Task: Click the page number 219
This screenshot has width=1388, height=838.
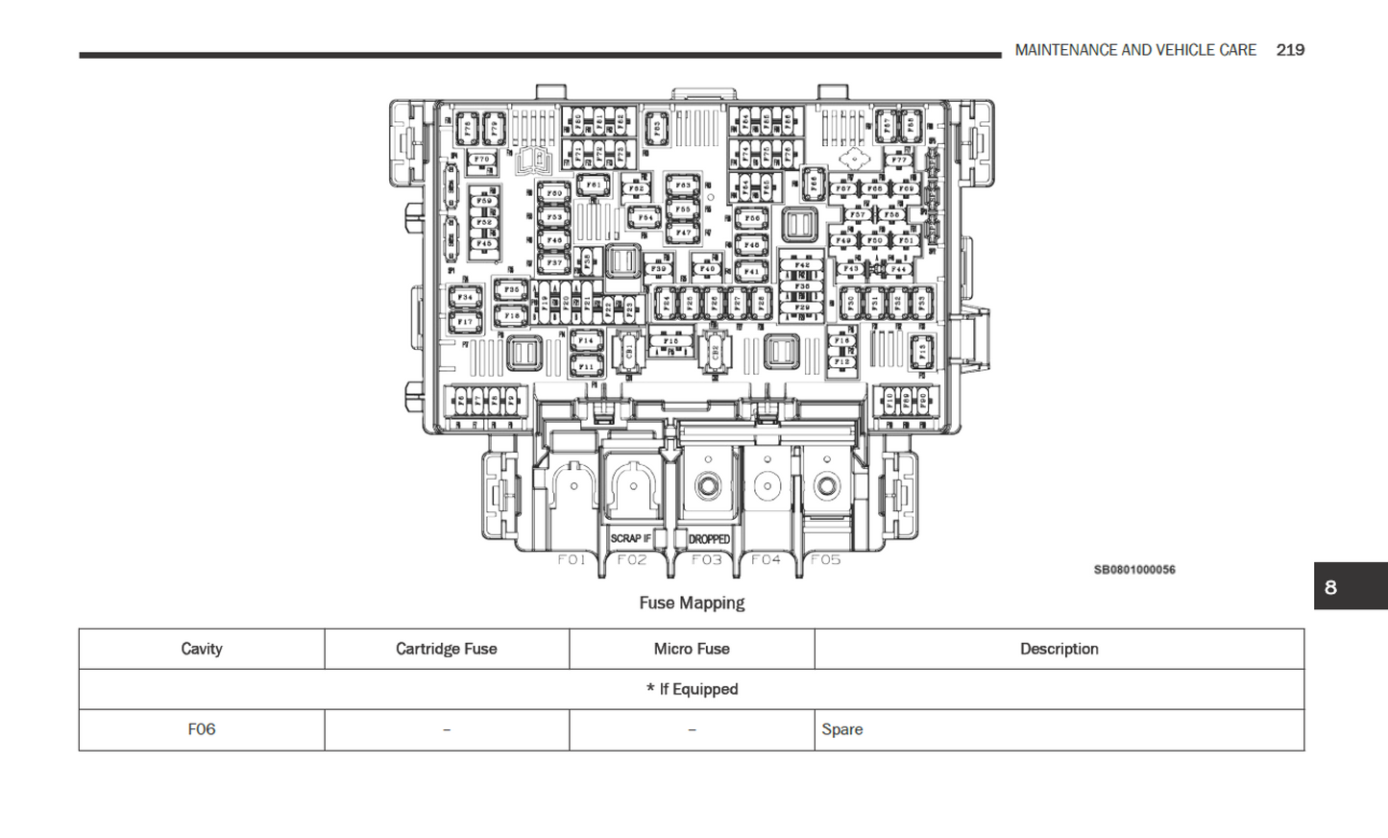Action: (x=1290, y=50)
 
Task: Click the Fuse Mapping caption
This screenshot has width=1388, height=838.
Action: (x=692, y=603)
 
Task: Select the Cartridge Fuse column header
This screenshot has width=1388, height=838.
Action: (x=446, y=649)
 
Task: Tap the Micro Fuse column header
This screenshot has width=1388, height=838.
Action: (x=692, y=649)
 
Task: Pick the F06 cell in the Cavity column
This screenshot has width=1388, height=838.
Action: (x=202, y=729)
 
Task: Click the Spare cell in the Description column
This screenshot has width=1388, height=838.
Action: (x=842, y=729)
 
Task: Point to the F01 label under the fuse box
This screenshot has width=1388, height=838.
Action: (x=572, y=559)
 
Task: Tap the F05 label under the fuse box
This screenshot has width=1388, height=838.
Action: (x=825, y=559)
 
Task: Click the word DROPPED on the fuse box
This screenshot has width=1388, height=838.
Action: (x=709, y=539)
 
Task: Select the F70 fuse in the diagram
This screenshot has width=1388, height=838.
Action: (x=482, y=160)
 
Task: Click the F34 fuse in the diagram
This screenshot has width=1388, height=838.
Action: (x=465, y=297)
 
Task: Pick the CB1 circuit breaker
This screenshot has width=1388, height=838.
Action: (x=629, y=352)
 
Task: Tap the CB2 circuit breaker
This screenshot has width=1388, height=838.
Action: (x=714, y=352)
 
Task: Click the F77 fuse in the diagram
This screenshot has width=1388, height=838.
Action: (x=899, y=160)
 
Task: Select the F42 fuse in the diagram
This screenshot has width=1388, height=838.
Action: (x=802, y=265)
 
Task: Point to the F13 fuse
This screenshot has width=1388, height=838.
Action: (x=922, y=352)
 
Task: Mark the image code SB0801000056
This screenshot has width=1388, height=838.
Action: (x=1134, y=570)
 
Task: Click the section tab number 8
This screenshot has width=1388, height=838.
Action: (x=1330, y=587)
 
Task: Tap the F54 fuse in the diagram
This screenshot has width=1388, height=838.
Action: (x=645, y=218)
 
